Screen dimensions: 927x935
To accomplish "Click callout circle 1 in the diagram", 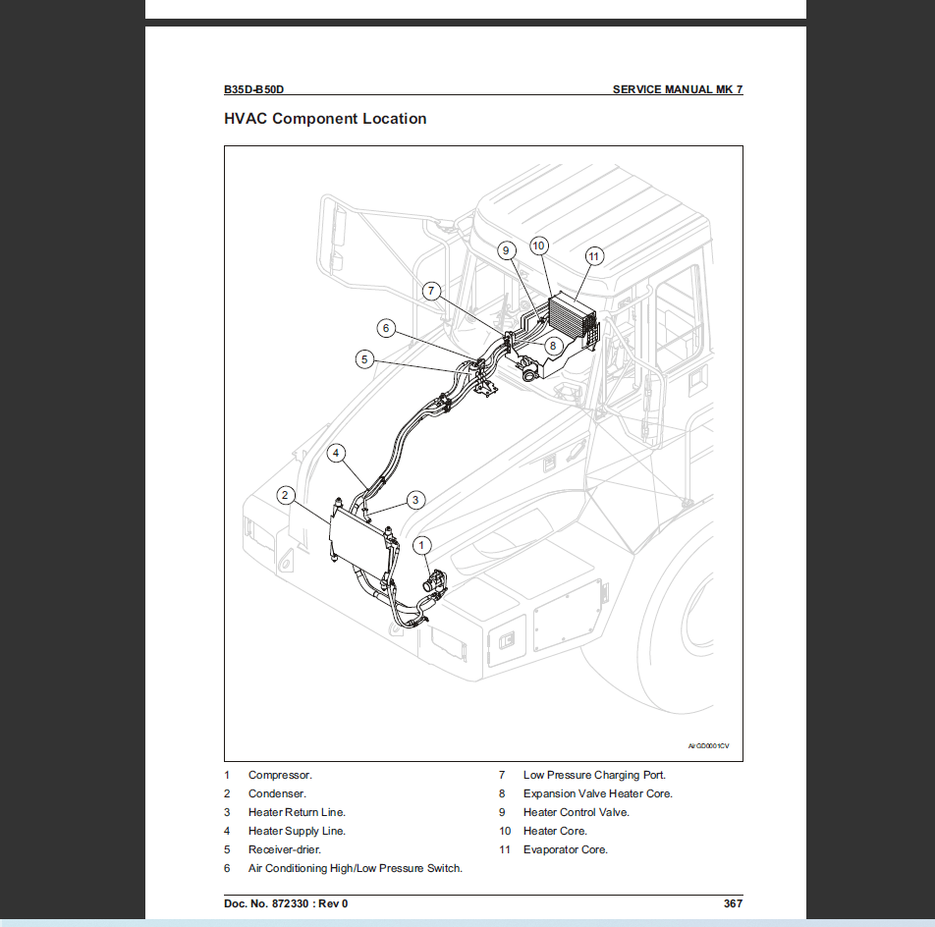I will pyautogui.click(x=422, y=545).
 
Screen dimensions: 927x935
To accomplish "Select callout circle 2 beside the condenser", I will pyautogui.click(x=285, y=495).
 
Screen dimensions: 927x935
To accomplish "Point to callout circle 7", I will pyautogui.click(x=432, y=291).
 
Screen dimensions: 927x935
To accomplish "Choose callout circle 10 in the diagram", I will pyautogui.click(x=539, y=245).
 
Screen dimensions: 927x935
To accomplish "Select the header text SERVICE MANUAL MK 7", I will pyautogui.click(x=677, y=89).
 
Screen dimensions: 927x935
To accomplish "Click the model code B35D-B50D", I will pyautogui.click(x=253, y=89).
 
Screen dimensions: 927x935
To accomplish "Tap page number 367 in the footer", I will pyautogui.click(x=732, y=903).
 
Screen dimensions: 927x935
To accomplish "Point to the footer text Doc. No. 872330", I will pyautogui.click(x=285, y=903).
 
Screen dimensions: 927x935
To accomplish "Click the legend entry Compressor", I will pyautogui.click(x=280, y=775).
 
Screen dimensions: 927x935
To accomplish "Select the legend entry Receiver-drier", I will pyautogui.click(x=284, y=849).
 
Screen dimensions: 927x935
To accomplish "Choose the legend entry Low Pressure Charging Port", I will pyautogui.click(x=593, y=775).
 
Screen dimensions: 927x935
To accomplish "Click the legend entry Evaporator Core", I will pyautogui.click(x=565, y=849).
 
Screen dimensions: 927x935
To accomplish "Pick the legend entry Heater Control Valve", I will pyautogui.click(x=576, y=812).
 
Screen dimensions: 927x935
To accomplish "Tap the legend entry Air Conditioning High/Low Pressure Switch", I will pyautogui.click(x=355, y=868).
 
